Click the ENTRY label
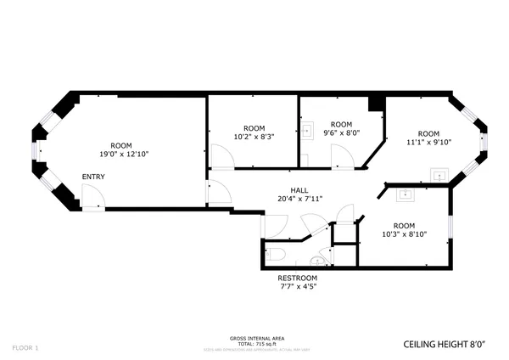click(x=93, y=177)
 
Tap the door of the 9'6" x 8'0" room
click(x=341, y=156)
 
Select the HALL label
click(x=299, y=190)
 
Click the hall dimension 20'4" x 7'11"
click(x=299, y=199)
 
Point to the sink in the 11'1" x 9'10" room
click(x=439, y=175)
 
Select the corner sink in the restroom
click(x=319, y=261)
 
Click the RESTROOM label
click(x=298, y=278)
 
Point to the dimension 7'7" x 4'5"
click(x=298, y=287)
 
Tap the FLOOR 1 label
click(x=25, y=347)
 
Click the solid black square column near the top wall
click(x=376, y=104)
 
